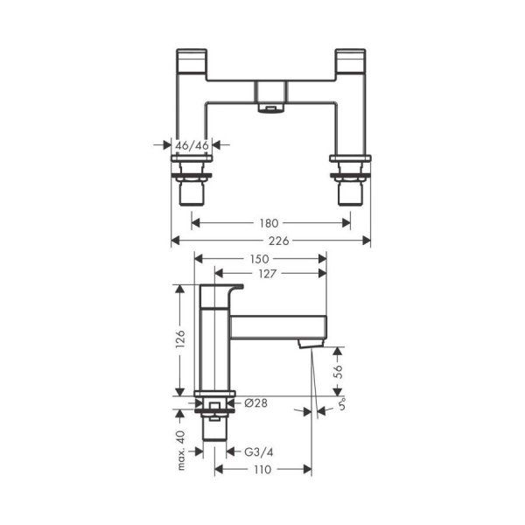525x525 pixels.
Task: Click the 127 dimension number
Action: [269, 274]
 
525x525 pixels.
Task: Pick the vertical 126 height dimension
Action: [178, 339]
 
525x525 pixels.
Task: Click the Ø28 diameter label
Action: [255, 402]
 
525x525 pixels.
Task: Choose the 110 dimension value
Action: [264, 469]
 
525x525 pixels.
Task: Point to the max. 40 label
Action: [178, 448]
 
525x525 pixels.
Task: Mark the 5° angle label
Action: [341, 407]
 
